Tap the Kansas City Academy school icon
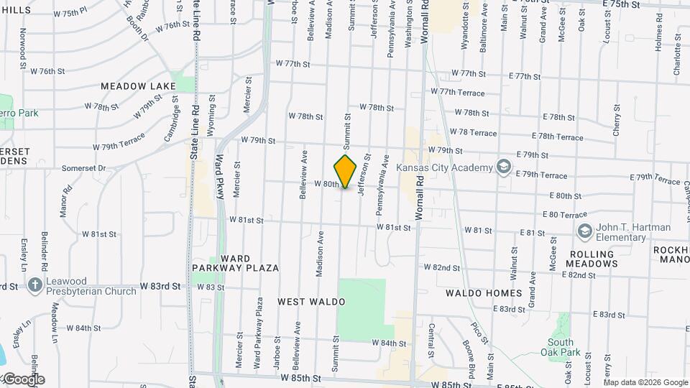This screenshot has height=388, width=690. coord(504,168)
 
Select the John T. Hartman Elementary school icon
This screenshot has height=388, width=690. coord(584,232)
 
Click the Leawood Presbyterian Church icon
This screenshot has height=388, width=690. coord(34,286)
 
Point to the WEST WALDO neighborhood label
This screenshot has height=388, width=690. coord(308,302)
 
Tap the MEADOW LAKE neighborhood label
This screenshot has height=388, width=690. coord(138,86)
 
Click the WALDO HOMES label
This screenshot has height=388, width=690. coord(484,293)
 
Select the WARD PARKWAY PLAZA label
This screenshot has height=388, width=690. coord(235,263)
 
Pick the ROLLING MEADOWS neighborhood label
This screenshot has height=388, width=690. coord(593,259)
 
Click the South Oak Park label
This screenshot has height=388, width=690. coord(561,347)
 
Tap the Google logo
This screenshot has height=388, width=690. coord(24,379)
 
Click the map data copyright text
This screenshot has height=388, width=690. coord(645,382)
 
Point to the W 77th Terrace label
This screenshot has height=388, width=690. coord(457,92)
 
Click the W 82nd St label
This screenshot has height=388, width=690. coord(441,267)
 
